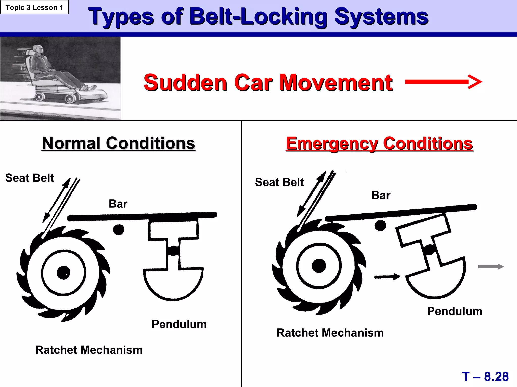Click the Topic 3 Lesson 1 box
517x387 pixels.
coord(34,7)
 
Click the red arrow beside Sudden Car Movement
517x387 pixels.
coord(443,82)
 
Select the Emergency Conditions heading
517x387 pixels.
coord(379,144)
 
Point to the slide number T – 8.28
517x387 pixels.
coord(485,377)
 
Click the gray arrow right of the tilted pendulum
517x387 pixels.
coord(491,267)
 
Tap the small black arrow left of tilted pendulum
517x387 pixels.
coord(387,277)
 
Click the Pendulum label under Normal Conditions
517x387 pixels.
coord(179,324)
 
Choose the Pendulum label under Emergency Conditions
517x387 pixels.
coord(455,311)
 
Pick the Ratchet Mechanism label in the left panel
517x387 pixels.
coord(89,350)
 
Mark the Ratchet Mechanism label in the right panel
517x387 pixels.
coord(330,333)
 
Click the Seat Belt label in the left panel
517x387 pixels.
coord(30,178)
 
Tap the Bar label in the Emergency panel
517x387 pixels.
coord(381,195)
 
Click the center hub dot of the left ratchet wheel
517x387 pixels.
coord(63,273)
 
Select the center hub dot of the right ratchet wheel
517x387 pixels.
coord(319,266)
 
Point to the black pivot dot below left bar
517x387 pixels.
coord(119,229)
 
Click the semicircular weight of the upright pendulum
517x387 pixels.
coord(173,283)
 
